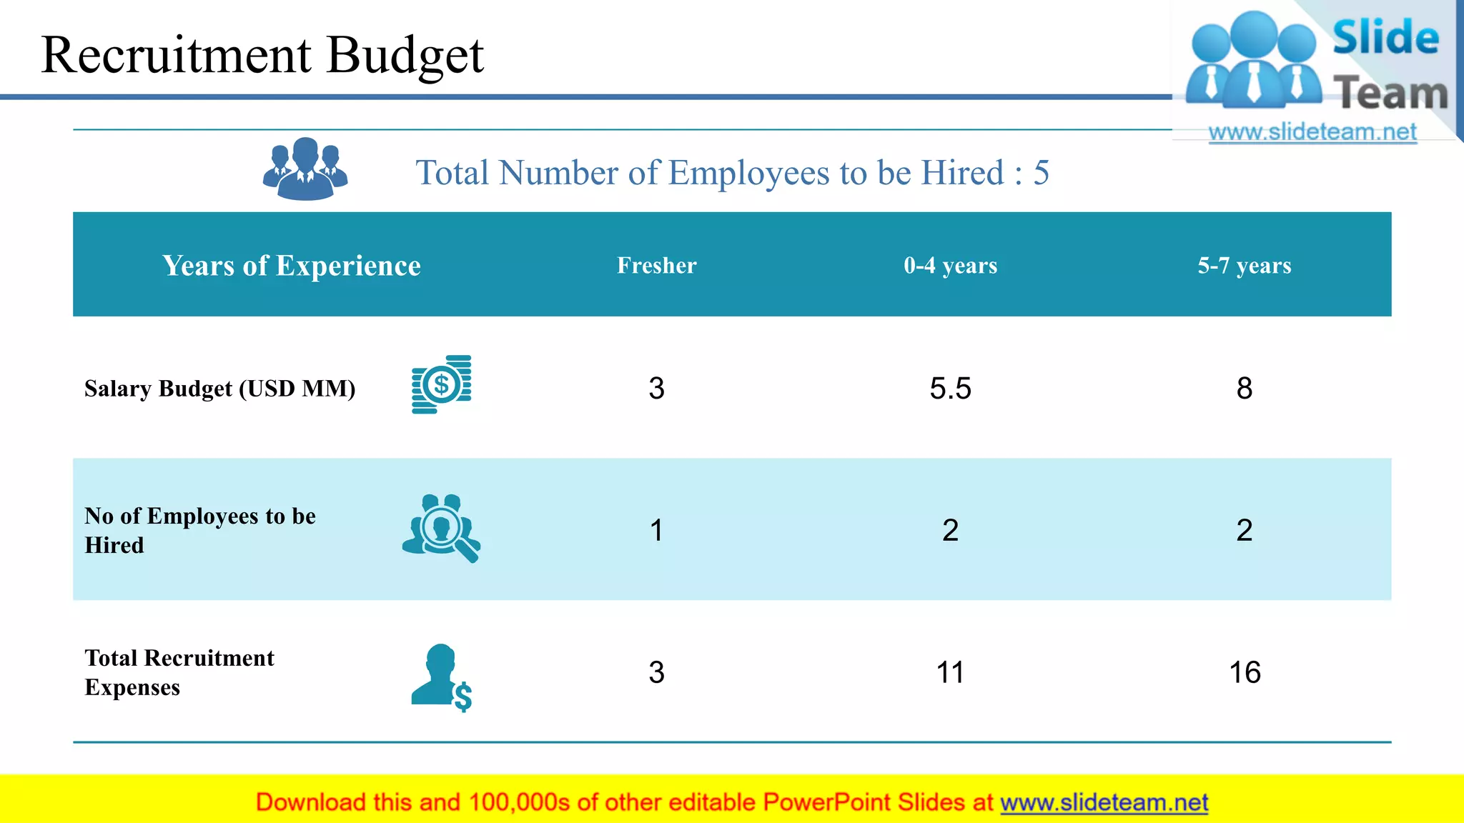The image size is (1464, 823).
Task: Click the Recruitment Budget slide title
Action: point(262,55)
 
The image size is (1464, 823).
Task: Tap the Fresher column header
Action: point(656,265)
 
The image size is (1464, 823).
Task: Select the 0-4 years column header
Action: point(950,265)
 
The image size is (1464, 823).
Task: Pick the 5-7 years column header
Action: point(1244,265)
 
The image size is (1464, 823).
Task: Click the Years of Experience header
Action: point(291,265)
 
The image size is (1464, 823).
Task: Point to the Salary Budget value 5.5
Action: point(950,389)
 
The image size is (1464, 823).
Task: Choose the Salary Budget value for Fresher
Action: point(656,389)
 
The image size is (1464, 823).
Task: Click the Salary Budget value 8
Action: point(1244,389)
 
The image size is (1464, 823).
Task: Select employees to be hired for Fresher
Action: point(656,530)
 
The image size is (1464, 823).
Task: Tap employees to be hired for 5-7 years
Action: point(1244,530)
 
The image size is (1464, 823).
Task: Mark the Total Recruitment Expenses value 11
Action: point(950,672)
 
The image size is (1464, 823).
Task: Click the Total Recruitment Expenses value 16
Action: point(1244,672)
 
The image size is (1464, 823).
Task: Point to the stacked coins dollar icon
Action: point(441,384)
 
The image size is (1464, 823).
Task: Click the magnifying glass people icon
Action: point(441,528)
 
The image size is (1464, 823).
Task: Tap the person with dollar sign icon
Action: point(441,677)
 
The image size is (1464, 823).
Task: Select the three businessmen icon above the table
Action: point(305,169)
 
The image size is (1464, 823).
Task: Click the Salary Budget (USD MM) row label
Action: point(219,389)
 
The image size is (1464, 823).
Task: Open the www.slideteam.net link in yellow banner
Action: point(1104,802)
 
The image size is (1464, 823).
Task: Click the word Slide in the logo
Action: point(1385,37)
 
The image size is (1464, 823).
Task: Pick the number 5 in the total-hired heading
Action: point(1041,173)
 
